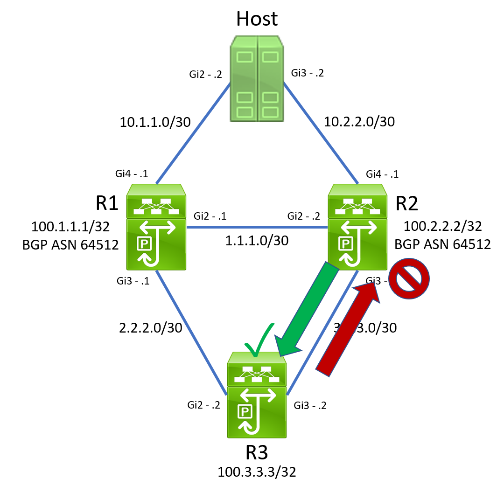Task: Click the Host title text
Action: point(257,19)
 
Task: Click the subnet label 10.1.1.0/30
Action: point(155,122)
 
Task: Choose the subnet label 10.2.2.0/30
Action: point(359,122)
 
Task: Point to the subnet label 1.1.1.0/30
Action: point(257,241)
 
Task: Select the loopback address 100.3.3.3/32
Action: point(257,472)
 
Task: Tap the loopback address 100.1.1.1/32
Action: point(70,227)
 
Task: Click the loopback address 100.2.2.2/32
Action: point(442,227)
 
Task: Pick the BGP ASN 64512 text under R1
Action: point(70,244)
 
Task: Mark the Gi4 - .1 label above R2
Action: point(382,174)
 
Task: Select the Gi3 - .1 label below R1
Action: point(133,281)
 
